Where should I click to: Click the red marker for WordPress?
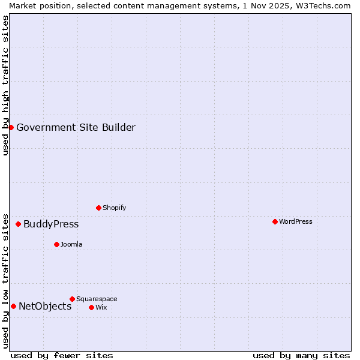point(275,221)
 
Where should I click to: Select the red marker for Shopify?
point(98,208)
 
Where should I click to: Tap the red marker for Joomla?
point(56,244)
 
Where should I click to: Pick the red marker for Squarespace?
point(72,299)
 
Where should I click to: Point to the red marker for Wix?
point(91,307)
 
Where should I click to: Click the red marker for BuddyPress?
point(18,224)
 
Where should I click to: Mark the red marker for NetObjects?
point(13,306)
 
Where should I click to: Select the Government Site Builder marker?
point(11,127)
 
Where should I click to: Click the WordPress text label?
point(296,221)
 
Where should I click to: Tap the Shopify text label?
point(114,208)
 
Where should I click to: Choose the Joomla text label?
point(71,244)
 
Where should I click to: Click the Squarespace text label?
point(97,299)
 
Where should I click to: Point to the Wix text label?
point(101,307)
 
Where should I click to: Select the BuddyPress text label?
point(51,224)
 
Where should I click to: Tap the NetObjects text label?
point(45,306)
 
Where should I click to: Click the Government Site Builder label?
point(76,127)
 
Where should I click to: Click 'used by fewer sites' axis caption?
point(62,355)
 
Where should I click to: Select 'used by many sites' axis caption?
point(301,355)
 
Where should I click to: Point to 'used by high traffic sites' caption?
point(5,85)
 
